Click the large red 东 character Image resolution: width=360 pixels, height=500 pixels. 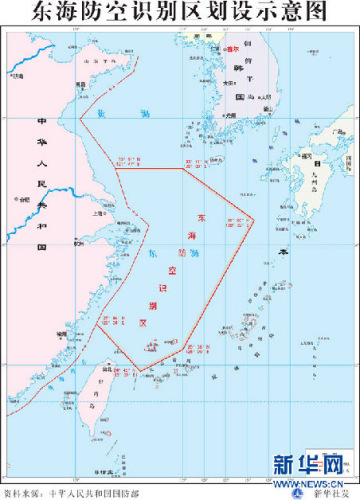tap(205, 218)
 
